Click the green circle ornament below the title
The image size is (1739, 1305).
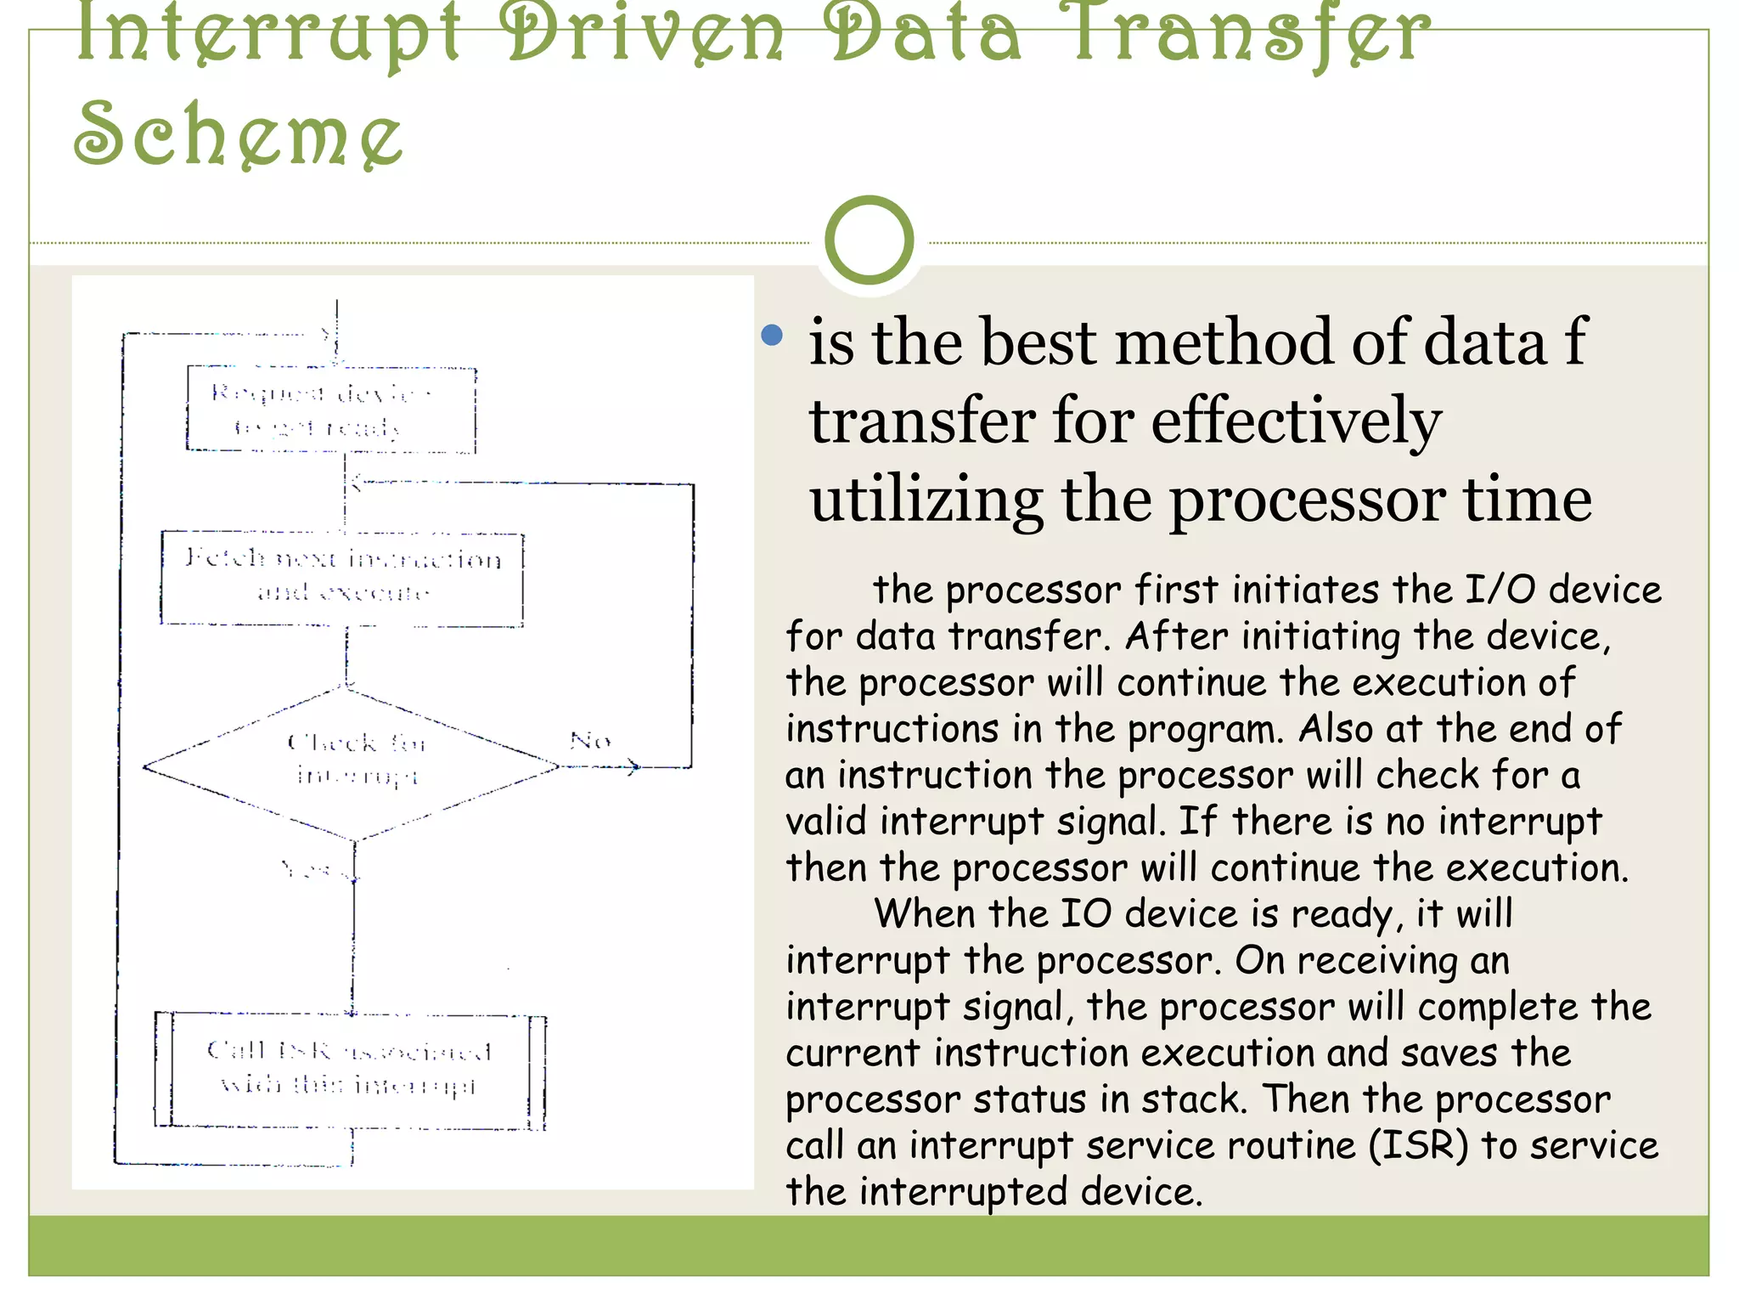click(x=869, y=240)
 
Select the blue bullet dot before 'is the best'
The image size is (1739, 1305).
click(x=772, y=335)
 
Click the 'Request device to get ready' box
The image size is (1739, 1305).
click(x=331, y=410)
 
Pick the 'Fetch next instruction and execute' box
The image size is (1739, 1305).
click(x=342, y=578)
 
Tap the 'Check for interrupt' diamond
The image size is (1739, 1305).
click(x=352, y=762)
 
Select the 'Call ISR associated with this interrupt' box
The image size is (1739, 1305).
click(x=350, y=1071)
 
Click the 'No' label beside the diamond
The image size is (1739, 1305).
click(x=590, y=741)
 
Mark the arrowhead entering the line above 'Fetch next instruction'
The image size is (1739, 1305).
click(x=356, y=483)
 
